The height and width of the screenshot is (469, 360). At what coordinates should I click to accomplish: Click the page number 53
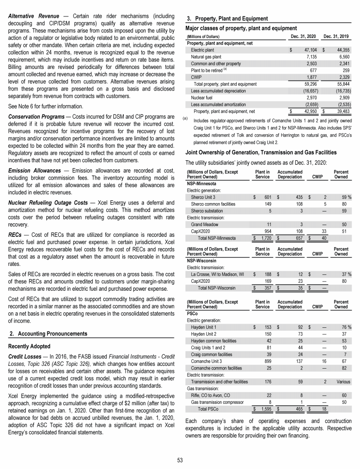(180, 459)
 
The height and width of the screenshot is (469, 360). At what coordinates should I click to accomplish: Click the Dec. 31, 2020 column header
(303, 36)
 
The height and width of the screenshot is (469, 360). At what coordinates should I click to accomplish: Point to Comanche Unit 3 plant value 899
(264, 356)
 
